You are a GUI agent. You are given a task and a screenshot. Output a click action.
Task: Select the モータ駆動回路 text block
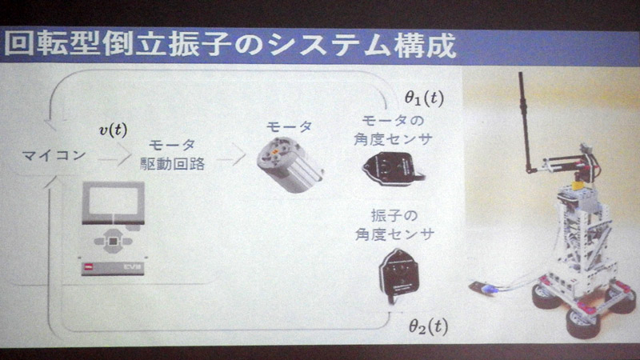click(x=174, y=154)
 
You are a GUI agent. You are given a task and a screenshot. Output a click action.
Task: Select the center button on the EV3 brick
click(x=114, y=239)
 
